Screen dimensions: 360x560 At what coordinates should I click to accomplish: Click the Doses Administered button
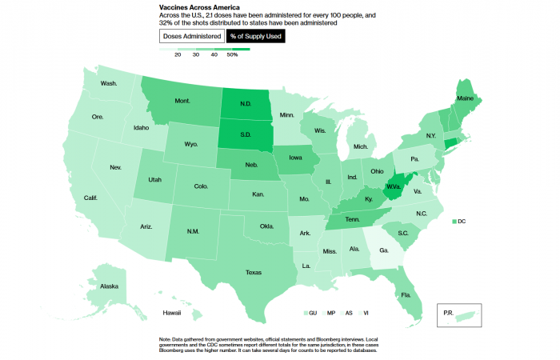[192, 36]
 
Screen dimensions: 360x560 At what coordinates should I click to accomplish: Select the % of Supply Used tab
[255, 36]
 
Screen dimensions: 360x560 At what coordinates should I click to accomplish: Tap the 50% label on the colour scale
[233, 55]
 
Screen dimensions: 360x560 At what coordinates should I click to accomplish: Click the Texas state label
[254, 271]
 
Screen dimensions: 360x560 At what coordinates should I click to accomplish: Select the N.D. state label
[246, 104]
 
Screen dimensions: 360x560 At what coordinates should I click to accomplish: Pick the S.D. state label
[246, 134]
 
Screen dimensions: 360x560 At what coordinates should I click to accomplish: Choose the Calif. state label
[90, 198]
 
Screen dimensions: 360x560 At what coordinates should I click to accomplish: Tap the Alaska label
[109, 286]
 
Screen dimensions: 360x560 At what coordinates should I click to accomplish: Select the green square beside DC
[454, 221]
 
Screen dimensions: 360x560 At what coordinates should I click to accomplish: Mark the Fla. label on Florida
[406, 294]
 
